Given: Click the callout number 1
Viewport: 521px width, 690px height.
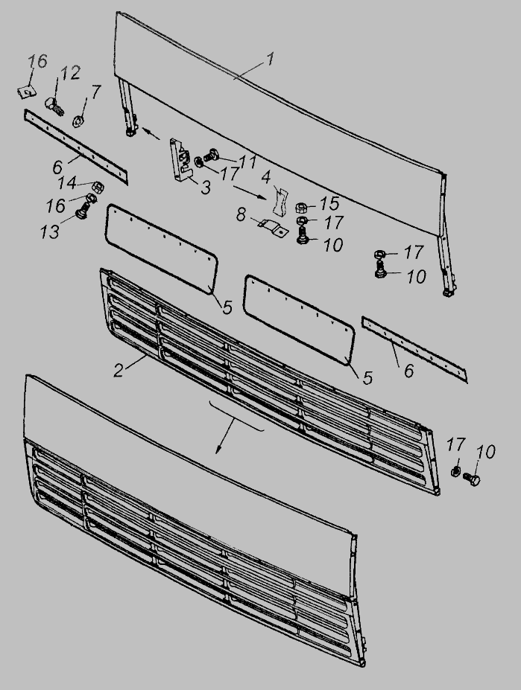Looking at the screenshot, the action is pos(271,59).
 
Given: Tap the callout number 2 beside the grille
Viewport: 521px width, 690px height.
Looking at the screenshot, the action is pos(118,370).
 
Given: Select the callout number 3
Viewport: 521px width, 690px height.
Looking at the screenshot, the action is pos(206,188).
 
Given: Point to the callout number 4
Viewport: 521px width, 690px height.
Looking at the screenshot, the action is pos(266,177).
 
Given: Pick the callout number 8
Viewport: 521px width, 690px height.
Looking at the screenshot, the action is pos(241,215).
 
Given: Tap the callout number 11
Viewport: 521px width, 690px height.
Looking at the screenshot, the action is pos(247,162).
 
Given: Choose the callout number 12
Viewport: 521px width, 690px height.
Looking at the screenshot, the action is pos(70,73).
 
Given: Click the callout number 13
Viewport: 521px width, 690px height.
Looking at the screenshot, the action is pos(49,231).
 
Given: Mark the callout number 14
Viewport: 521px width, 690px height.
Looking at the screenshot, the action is pos(66,182).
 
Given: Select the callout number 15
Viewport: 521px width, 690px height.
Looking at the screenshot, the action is pos(330,203).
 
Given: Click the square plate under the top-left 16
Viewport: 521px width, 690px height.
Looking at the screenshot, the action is pos(26,92).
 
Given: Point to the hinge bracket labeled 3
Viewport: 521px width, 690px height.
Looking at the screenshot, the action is pos(181,159).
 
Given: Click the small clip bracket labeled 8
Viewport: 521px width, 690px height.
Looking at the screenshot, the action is pos(272,227).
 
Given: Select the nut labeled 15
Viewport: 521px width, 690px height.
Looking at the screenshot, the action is pos(301,206).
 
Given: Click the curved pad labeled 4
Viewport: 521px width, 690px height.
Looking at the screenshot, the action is pos(279,200).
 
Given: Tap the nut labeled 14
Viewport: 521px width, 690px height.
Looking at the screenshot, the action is pos(98,187).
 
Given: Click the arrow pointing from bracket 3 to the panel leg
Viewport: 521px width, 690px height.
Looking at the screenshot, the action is pos(151,134).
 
